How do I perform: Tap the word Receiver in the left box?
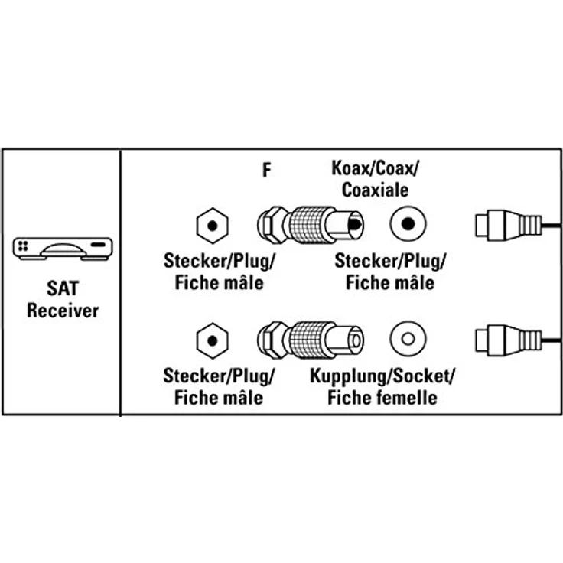point(63,311)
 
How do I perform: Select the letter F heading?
point(266,170)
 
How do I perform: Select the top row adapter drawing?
point(310,223)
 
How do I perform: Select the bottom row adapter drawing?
point(310,337)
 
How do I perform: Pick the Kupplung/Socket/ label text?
point(382,376)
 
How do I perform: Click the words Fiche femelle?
point(382,397)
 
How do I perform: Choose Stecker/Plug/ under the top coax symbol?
point(390,262)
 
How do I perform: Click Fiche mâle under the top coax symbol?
point(390,283)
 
